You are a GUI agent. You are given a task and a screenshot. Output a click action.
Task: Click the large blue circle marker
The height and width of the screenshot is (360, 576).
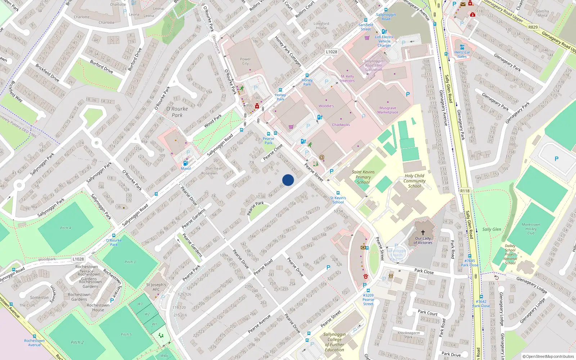(x=288, y=180)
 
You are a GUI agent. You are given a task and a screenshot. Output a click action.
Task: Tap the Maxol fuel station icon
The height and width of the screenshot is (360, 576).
(x=185, y=163)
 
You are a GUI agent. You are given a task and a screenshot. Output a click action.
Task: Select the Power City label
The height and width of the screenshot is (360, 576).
(x=245, y=61)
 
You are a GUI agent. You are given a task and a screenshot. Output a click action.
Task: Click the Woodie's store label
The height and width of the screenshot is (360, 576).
(x=326, y=106)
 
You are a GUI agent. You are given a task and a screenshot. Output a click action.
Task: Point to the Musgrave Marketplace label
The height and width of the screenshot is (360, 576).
(x=388, y=110)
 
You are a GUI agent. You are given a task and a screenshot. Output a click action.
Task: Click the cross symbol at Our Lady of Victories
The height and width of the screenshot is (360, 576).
(x=423, y=233)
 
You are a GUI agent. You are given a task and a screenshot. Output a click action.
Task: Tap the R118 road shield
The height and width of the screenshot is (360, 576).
(x=465, y=191)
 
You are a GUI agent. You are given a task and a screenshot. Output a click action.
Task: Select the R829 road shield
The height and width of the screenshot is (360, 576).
(x=533, y=27)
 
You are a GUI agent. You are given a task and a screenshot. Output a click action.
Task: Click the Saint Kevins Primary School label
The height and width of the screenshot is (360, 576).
(x=363, y=177)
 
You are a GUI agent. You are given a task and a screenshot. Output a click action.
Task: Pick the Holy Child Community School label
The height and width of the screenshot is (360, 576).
(x=414, y=181)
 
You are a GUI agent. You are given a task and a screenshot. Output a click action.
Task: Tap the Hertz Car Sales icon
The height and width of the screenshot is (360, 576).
(x=462, y=47)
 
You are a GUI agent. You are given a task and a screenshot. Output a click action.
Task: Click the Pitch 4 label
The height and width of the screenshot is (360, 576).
(x=66, y=228)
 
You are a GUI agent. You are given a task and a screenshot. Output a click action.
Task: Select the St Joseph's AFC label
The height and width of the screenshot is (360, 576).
(x=156, y=287)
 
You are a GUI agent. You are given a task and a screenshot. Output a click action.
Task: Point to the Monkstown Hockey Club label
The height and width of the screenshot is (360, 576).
(x=531, y=229)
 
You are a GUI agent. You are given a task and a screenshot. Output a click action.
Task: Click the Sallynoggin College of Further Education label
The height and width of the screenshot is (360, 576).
(x=334, y=342)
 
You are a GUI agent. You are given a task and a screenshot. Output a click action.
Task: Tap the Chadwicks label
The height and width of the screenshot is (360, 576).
(x=341, y=125)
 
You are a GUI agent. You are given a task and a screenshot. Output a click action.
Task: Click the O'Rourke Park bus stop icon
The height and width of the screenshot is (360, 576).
(x=114, y=236)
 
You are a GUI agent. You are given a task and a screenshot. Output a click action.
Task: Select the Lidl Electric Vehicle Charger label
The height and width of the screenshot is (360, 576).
(x=384, y=41)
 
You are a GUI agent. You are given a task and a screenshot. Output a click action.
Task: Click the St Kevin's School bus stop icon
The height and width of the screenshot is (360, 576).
(x=338, y=193)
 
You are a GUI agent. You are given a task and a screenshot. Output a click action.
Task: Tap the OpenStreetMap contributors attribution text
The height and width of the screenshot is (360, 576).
(x=548, y=356)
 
